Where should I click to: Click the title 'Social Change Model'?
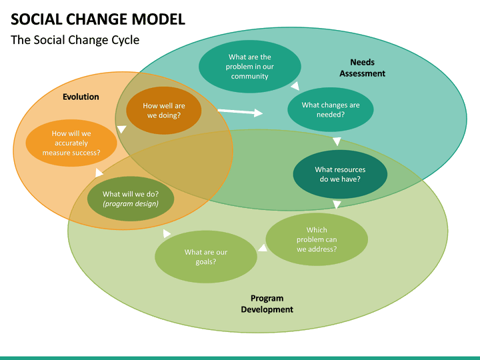(98, 19)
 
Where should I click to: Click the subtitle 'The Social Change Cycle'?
(75, 40)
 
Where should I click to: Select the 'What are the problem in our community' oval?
(250, 67)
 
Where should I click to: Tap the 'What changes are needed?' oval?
(330, 109)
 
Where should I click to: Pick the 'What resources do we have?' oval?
(340, 174)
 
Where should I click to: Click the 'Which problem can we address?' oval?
(317, 239)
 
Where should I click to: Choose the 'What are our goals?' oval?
(206, 257)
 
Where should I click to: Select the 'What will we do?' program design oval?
(131, 199)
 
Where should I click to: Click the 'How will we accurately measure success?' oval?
(71, 143)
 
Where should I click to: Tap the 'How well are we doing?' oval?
(164, 111)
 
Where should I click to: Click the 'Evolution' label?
(81, 97)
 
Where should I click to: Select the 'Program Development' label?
(267, 304)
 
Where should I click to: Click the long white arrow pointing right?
(240, 112)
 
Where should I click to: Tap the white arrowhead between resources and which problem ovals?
(337, 205)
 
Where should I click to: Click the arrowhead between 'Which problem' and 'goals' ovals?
(263, 248)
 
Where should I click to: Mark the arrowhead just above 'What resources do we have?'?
(337, 141)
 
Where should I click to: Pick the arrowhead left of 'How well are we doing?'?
(121, 130)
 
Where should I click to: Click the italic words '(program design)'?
(131, 204)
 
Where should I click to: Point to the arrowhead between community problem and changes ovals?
(295, 86)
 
